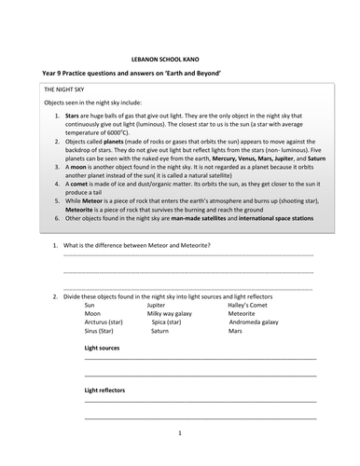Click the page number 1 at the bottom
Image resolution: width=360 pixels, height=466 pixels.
180,433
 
